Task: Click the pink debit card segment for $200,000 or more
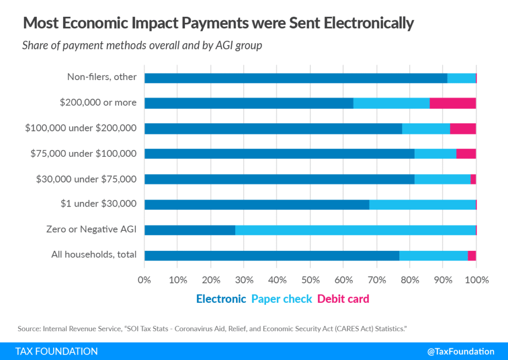(x=452, y=103)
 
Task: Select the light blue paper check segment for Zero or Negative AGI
(x=355, y=230)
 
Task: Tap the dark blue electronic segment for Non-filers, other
(x=296, y=78)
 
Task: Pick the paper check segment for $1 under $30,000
(x=422, y=205)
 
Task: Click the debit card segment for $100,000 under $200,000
(x=463, y=129)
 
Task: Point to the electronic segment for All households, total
(x=272, y=255)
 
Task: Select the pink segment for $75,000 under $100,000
(x=466, y=154)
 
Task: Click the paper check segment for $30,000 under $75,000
(x=443, y=179)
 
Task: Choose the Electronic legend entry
(x=221, y=299)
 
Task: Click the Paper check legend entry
(x=282, y=299)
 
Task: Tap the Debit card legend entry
(x=343, y=299)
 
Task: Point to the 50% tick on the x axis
(x=310, y=280)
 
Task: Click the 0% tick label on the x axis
(x=144, y=280)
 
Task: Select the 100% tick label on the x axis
(x=476, y=280)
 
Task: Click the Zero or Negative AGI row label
(x=91, y=229)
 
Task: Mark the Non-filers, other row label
(x=102, y=77)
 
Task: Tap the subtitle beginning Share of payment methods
(x=142, y=46)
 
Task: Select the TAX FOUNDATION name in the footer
(x=57, y=351)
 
